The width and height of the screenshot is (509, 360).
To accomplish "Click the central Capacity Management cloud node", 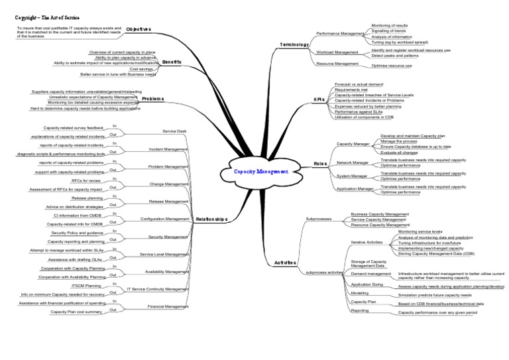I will pos(261,170).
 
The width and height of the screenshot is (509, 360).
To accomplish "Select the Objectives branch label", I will pos(139,29).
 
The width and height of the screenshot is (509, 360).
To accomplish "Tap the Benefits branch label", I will pos(172,61).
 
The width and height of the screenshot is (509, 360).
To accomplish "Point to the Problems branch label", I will pos(152,98).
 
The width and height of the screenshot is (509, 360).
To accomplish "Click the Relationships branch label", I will pos(212,218).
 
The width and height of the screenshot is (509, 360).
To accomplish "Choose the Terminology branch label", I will pos(294,44).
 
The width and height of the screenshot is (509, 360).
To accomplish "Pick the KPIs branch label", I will pos(319,99).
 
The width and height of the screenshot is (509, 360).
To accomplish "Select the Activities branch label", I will pos(285,263).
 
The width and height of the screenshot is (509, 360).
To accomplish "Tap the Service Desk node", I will pos(174,131).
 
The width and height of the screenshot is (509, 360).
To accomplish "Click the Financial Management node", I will pos(168,306).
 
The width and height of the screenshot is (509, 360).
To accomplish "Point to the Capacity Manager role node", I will pos(353,143).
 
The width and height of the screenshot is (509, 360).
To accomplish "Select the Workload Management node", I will pos(337,51).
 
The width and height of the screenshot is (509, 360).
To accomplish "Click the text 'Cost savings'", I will pos(142,68).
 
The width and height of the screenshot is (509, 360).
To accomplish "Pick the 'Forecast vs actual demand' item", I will pos(359,84).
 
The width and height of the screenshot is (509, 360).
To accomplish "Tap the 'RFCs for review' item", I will pos(86,180).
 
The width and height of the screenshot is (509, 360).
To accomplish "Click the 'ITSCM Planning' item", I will pos(86,285).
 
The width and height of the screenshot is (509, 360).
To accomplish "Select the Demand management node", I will pos(370,273).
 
